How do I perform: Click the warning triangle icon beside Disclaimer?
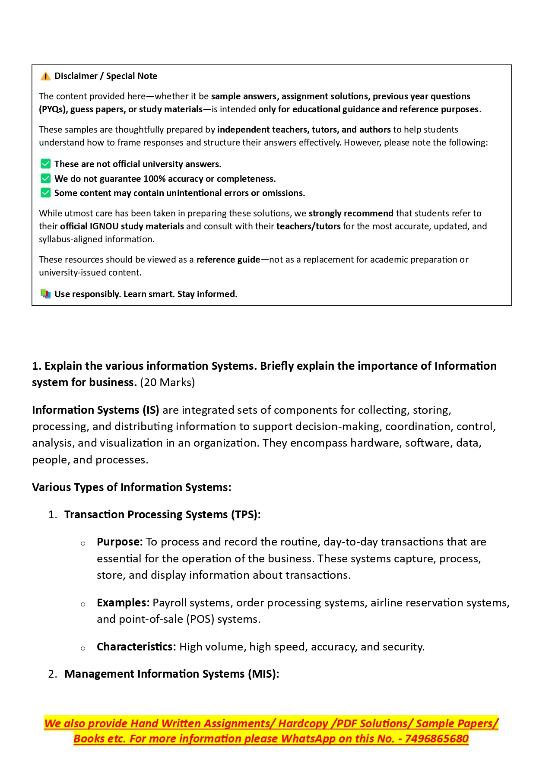click(x=45, y=76)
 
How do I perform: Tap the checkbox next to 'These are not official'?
click(x=45, y=164)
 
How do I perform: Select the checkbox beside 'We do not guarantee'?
click(x=45, y=178)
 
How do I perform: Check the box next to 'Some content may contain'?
click(x=45, y=193)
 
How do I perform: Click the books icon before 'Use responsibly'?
click(x=45, y=294)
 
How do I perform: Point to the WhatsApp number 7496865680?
click(x=437, y=739)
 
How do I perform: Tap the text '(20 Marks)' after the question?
click(x=167, y=382)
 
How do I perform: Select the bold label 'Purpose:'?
click(x=120, y=542)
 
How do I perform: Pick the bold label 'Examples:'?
click(x=123, y=603)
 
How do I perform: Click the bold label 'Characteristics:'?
click(x=136, y=647)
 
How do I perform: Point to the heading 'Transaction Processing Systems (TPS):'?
click(x=162, y=514)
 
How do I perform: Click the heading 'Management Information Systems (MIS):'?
click(x=172, y=674)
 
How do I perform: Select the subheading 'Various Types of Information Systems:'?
click(x=132, y=487)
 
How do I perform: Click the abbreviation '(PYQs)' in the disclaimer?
click(x=53, y=109)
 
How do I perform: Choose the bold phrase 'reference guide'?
click(x=228, y=260)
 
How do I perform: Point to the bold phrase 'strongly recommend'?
click(x=351, y=213)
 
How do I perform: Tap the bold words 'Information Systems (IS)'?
click(x=95, y=410)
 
